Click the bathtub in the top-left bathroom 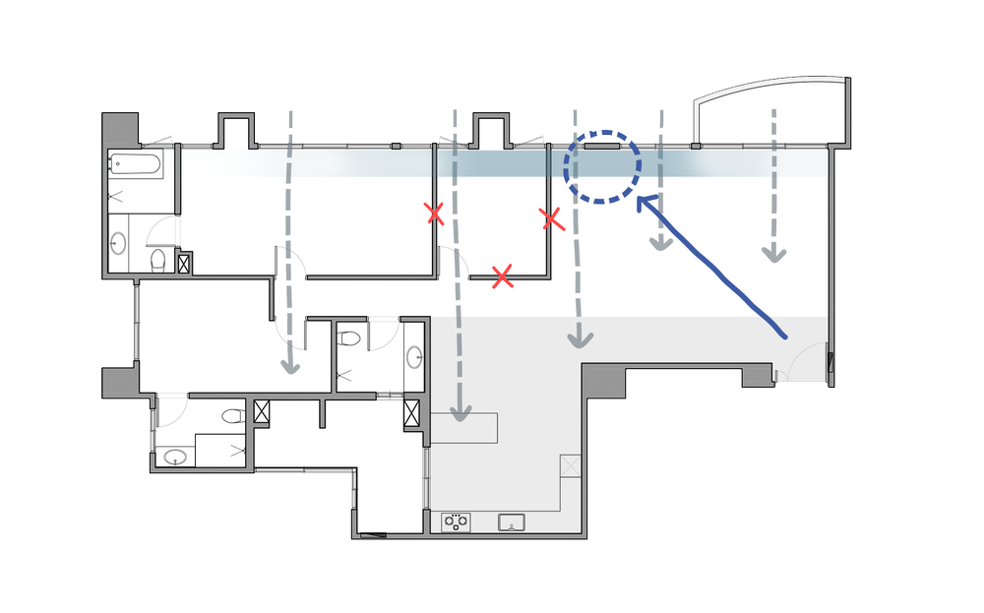point(136,163)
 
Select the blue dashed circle point(602,167)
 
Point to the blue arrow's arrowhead point(645,204)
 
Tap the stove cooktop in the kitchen point(456,522)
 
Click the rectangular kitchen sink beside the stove point(512,521)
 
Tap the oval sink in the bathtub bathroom point(118,242)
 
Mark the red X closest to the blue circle point(551,218)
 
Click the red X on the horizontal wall point(502,276)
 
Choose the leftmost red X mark point(433,213)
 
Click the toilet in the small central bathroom point(346,338)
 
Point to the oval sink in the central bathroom point(414,355)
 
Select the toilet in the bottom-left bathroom point(232,416)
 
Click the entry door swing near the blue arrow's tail point(799,361)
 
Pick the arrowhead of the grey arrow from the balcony point(774,253)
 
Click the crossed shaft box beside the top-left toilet point(183,263)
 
